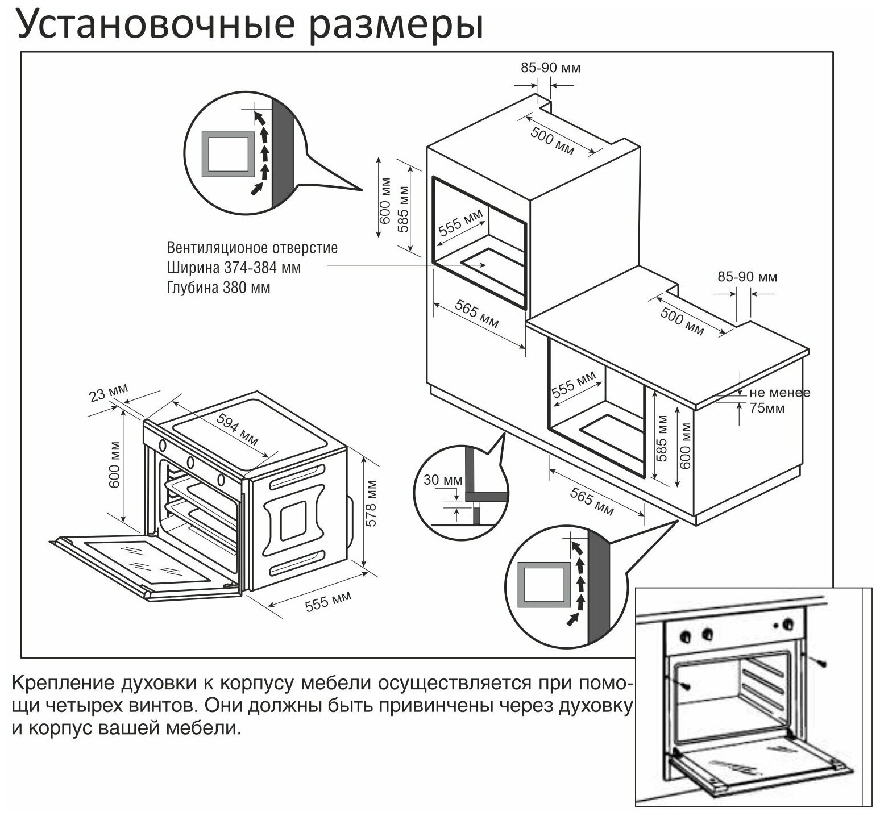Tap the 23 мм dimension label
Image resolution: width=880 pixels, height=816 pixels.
[x=109, y=393]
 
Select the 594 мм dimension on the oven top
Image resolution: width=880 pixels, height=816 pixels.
[x=238, y=428]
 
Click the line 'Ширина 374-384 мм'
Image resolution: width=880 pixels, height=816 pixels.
[x=234, y=267]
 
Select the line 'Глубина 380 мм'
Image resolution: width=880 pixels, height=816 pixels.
[x=218, y=288]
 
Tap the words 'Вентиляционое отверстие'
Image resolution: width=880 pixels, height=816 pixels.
[x=252, y=248]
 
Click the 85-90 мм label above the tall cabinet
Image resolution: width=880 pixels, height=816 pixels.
[x=550, y=68]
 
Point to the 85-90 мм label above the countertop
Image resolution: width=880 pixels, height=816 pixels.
[x=747, y=277]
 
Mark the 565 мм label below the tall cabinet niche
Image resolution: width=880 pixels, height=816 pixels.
[x=477, y=313]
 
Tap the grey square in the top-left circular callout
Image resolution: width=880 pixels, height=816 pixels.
[x=228, y=154]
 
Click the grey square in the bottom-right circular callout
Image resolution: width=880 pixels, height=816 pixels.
[x=545, y=585]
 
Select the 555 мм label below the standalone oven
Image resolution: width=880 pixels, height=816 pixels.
[x=328, y=601]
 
